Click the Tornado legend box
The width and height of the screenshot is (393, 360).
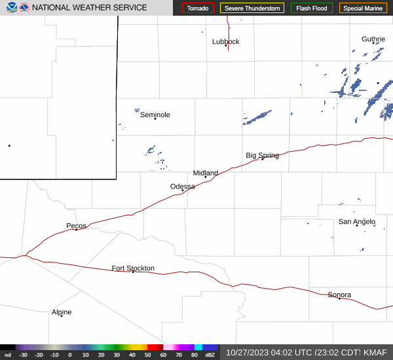pyautogui.click(x=198, y=9)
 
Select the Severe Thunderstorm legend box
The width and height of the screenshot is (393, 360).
pyautogui.click(x=252, y=9)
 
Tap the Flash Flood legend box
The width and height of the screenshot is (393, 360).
pyautogui.click(x=312, y=9)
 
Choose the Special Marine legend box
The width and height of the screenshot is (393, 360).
pyautogui.click(x=364, y=9)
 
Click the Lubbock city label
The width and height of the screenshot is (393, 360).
pyautogui.click(x=226, y=42)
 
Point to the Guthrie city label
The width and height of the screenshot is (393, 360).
pyautogui.click(x=373, y=39)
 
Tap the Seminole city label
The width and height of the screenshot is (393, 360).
pyautogui.click(x=155, y=115)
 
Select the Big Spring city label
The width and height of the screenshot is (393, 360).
pyautogui.click(x=262, y=156)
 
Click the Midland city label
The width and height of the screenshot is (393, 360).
pyautogui.click(x=206, y=173)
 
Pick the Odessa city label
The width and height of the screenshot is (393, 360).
pyautogui.click(x=183, y=187)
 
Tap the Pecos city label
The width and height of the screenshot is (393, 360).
pyautogui.click(x=76, y=226)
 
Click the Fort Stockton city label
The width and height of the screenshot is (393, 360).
pyautogui.click(x=133, y=268)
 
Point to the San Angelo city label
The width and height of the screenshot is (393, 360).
pyautogui.click(x=357, y=222)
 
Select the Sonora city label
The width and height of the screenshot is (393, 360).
pyautogui.click(x=339, y=295)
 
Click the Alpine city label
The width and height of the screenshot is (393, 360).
pyautogui.click(x=62, y=312)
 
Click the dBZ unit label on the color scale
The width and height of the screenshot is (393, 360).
pyautogui.click(x=210, y=355)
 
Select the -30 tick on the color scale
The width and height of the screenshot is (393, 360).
pyautogui.click(x=23, y=355)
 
